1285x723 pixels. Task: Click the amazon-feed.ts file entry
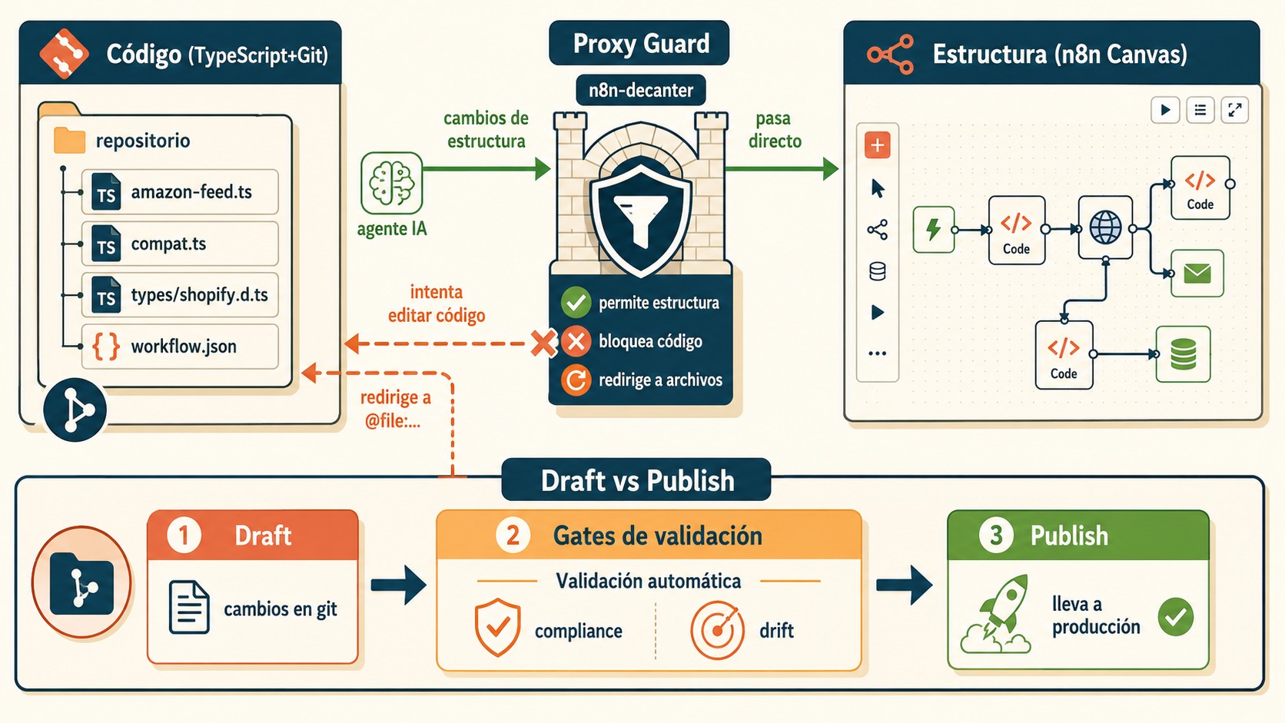click(180, 192)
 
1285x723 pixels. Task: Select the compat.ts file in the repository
click(180, 244)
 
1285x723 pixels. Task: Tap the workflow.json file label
click(184, 347)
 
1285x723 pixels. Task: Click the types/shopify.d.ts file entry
click(180, 295)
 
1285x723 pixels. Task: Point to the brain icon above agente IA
click(392, 184)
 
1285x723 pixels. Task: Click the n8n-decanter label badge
click(641, 90)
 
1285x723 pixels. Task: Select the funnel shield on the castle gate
click(641, 218)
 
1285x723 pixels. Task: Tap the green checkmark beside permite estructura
click(576, 302)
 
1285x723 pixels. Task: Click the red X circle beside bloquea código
click(576, 341)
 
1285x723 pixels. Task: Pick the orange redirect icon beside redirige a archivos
click(576, 380)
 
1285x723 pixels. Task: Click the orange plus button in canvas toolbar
click(877, 144)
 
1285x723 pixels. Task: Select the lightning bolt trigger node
click(933, 229)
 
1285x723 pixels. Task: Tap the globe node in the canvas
click(1105, 227)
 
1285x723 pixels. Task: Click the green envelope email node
click(1197, 274)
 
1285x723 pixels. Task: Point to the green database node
click(1184, 354)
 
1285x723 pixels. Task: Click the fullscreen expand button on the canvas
click(1235, 110)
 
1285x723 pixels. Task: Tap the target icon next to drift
click(717, 629)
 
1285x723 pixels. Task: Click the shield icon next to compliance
click(497, 627)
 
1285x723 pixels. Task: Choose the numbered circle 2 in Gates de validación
click(513, 536)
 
